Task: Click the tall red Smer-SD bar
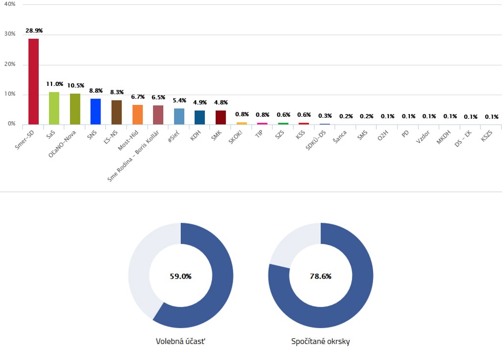(x=33, y=81)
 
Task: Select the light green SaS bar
(x=54, y=108)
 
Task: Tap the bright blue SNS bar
(x=96, y=111)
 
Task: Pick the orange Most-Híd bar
(x=137, y=114)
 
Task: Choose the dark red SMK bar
(x=221, y=117)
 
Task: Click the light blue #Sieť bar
(x=179, y=116)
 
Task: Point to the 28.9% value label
(x=34, y=30)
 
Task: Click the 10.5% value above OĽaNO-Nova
(x=75, y=85)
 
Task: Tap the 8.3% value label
(x=117, y=92)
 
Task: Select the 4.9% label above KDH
(x=200, y=103)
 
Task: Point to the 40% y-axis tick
(x=10, y=4)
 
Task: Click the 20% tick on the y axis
(x=10, y=64)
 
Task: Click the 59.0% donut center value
(x=180, y=276)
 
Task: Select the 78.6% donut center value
(x=321, y=276)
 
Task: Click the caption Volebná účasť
(x=180, y=341)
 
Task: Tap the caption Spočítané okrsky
(x=321, y=341)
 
